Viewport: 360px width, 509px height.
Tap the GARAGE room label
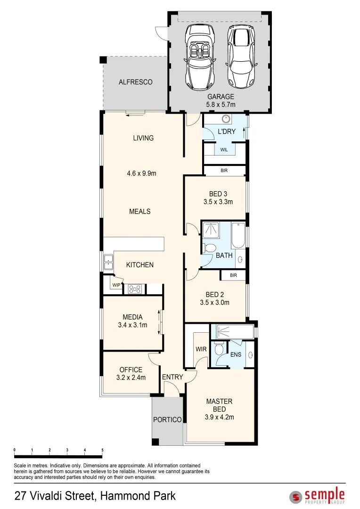click(x=221, y=97)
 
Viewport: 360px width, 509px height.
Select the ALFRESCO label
click(x=135, y=82)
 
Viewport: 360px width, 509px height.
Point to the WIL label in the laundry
click(x=224, y=149)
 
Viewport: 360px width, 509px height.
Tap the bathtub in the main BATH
click(x=238, y=235)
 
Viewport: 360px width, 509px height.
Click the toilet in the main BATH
click(x=211, y=248)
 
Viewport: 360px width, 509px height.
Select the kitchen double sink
click(x=108, y=262)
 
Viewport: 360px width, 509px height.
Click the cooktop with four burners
click(x=135, y=289)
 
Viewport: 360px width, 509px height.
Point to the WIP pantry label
click(x=116, y=285)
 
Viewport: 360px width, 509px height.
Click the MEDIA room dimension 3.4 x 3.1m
click(x=132, y=325)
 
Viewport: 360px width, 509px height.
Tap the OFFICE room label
click(x=131, y=369)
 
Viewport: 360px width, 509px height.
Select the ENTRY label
click(x=172, y=377)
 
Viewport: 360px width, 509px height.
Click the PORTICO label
click(x=167, y=419)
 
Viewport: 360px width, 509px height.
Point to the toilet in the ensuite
click(x=218, y=350)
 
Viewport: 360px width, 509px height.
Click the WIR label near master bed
click(x=201, y=349)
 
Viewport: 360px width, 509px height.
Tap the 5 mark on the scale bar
click(x=102, y=451)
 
